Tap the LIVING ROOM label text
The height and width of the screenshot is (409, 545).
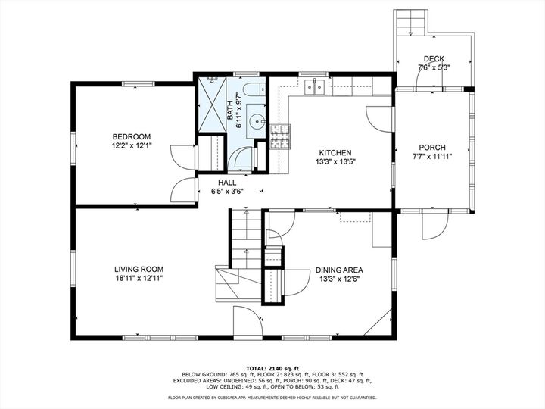pyautogui.click(x=139, y=269)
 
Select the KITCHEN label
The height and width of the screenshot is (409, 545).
pyautogui.click(x=334, y=151)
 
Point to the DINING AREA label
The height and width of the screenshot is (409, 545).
pyautogui.click(x=339, y=270)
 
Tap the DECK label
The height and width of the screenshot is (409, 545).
pyautogui.click(x=434, y=58)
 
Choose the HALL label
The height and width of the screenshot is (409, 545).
pyautogui.click(x=227, y=183)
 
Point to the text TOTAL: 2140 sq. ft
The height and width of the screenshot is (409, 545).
pyautogui.click(x=272, y=367)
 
